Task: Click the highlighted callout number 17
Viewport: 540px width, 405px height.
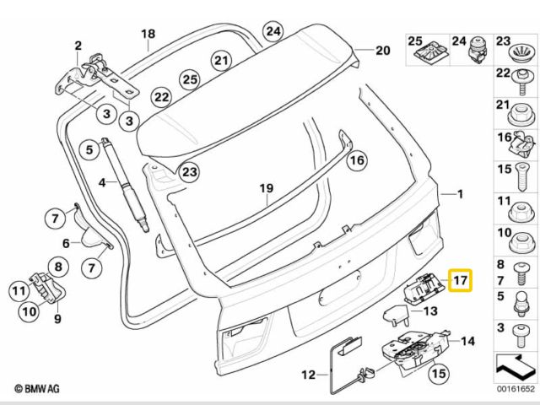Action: point(461,279)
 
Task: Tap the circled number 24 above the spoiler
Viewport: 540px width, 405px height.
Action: point(273,32)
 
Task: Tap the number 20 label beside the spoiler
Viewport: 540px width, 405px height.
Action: point(382,51)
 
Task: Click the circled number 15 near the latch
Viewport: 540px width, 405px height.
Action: point(438,372)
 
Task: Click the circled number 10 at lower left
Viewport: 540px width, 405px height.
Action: point(29,310)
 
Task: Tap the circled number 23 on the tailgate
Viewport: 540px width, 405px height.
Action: point(190,172)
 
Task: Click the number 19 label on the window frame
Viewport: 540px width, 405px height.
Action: point(267,186)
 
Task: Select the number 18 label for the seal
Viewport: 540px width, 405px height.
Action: point(148,34)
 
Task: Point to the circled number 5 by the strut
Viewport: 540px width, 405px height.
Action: point(89,151)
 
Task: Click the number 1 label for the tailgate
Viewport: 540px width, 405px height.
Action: point(459,195)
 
